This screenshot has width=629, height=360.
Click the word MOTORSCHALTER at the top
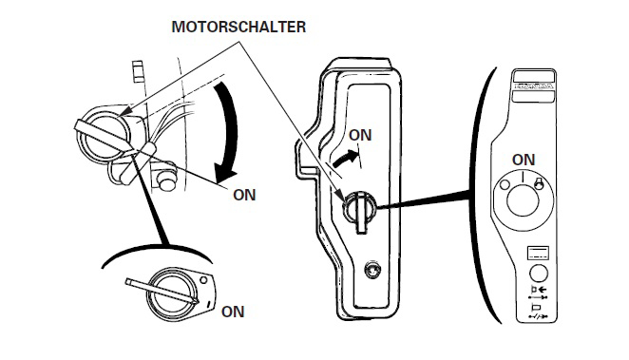coord(238,27)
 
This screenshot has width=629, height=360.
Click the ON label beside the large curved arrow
coord(244,195)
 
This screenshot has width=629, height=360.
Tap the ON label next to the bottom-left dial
coord(233,312)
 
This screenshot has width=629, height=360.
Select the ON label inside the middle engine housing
coord(360,135)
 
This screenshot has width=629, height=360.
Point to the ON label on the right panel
coord(524,160)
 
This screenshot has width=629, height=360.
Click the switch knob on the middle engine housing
coord(360,209)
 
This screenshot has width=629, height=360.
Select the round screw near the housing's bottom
coord(372,270)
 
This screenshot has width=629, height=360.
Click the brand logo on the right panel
coord(534,85)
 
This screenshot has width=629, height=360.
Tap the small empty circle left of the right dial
coord(505,185)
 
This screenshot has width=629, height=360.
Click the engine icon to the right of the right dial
coord(539,183)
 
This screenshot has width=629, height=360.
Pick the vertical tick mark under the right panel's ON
coord(523,177)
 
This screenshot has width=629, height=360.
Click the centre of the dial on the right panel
coord(523,199)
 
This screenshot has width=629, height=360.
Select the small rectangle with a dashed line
coord(538,254)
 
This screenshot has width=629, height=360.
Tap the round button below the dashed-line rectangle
coord(539,274)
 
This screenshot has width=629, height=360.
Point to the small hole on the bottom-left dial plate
coord(203,280)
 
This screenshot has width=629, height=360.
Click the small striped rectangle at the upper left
coord(138,71)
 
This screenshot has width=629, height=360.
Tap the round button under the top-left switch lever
coord(167,180)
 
